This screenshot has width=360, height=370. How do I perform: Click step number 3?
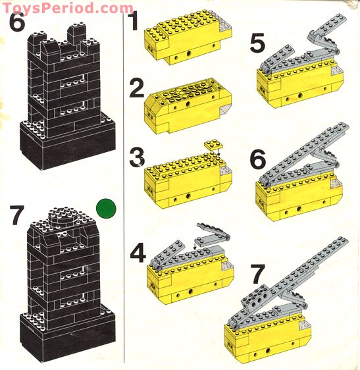coord(136,159)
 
